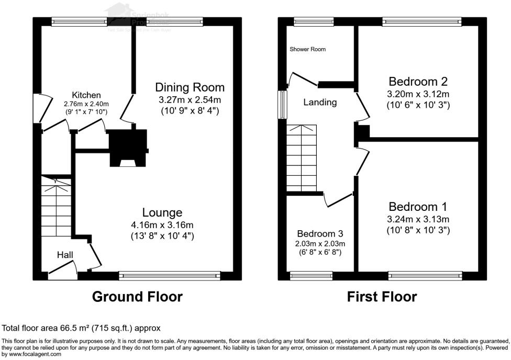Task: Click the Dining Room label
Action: click(x=190, y=87)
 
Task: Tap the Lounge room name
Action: click(x=162, y=212)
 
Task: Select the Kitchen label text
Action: click(x=86, y=95)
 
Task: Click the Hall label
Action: click(x=65, y=255)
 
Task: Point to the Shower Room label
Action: click(x=308, y=49)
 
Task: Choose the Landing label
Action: click(x=320, y=103)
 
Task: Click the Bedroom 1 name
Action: click(x=418, y=207)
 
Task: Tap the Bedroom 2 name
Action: click(x=418, y=82)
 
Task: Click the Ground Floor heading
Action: click(x=137, y=297)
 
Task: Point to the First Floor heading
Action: click(x=382, y=297)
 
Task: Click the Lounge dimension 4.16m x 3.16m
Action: click(x=162, y=224)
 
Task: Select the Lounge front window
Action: click(x=170, y=275)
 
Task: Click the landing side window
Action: click(x=283, y=104)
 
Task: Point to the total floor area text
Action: click(x=81, y=328)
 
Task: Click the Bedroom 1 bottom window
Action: click(x=425, y=275)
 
